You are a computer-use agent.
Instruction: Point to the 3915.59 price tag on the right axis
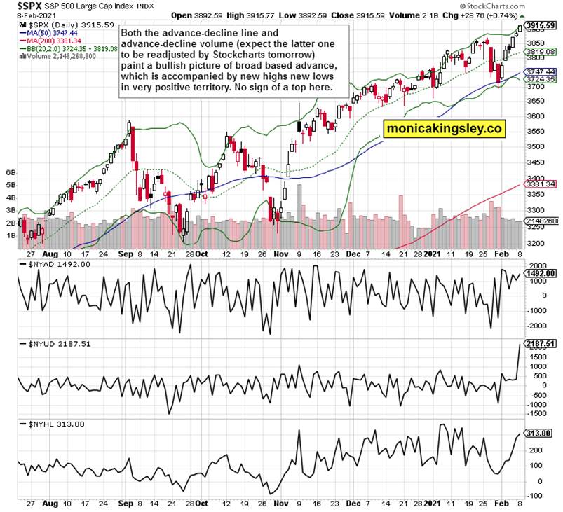pyautogui.click(x=539, y=25)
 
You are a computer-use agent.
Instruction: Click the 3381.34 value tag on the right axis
pyautogui.click(x=541, y=184)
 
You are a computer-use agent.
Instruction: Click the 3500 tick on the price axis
pyautogui.click(x=534, y=146)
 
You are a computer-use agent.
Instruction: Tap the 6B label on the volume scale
pyautogui.click(x=11, y=172)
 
